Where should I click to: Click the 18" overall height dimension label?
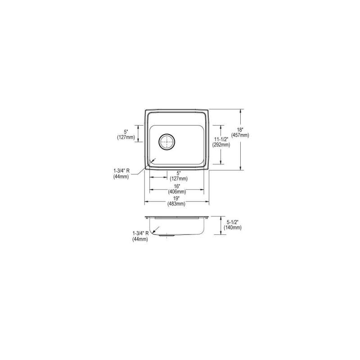(240, 130)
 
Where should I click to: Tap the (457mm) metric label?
(240, 135)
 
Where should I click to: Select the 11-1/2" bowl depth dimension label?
(221, 139)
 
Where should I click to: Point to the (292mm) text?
(221, 145)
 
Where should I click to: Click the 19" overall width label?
(176, 198)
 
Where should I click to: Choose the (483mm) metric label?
(176, 204)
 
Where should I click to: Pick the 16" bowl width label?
(177, 186)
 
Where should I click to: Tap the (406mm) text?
(177, 192)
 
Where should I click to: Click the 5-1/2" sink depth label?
(233, 222)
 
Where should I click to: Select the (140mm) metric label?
(233, 228)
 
